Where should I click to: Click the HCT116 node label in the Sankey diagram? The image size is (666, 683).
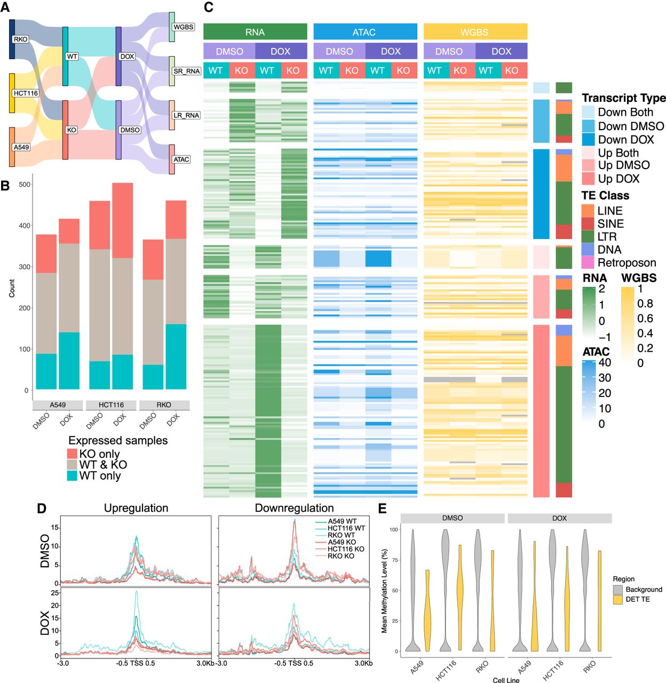pos(26,93)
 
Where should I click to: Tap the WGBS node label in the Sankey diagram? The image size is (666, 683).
pos(183,27)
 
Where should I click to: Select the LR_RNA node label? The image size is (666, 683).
pos(186,115)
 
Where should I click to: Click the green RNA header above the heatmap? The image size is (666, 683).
pos(255,32)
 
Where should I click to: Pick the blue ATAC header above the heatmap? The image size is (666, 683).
pos(365,32)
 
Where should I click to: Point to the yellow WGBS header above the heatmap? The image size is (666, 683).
pos(475,32)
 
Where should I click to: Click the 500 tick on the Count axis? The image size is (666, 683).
pos(24,184)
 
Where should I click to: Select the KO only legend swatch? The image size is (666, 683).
pos(72,454)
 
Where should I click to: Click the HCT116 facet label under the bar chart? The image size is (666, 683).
pos(111,404)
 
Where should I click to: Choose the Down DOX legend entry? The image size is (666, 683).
pos(617,140)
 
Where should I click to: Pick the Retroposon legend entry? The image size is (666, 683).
pos(619,263)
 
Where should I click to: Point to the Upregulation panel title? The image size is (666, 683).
pos(136,508)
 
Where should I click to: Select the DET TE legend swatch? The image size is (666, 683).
pos(618,599)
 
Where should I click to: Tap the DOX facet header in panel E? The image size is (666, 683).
pos(559,518)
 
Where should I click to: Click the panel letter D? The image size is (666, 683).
pos(41,508)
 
